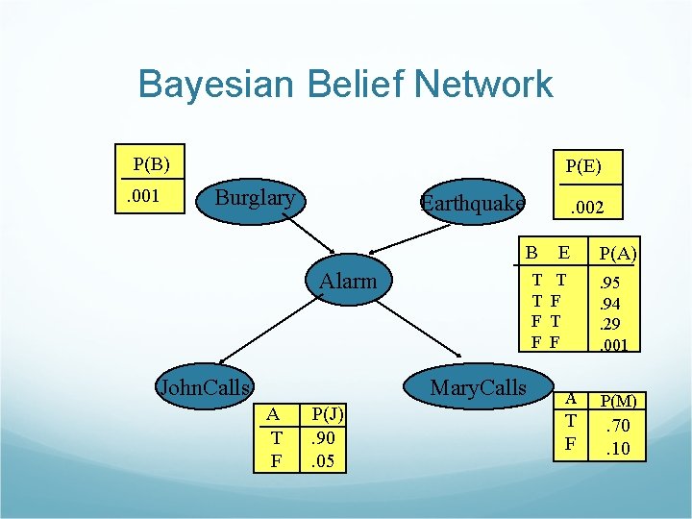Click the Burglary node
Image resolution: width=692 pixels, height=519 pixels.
click(x=255, y=198)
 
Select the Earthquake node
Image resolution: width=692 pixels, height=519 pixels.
click(x=473, y=204)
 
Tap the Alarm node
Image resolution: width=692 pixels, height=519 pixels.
click(x=348, y=281)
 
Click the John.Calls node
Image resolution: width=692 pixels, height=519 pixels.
click(x=204, y=387)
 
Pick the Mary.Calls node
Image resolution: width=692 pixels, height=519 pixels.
click(x=478, y=386)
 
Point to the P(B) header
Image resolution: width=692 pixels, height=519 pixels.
click(x=152, y=163)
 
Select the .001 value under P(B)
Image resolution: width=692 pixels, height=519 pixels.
click(x=144, y=197)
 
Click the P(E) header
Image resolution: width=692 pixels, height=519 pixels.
click(x=583, y=165)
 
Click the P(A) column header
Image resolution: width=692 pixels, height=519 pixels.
click(x=618, y=254)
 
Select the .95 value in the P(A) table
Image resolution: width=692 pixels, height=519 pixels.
click(x=609, y=283)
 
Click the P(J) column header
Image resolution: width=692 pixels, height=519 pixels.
click(x=324, y=414)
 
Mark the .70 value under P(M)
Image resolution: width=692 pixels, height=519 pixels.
click(x=618, y=426)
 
